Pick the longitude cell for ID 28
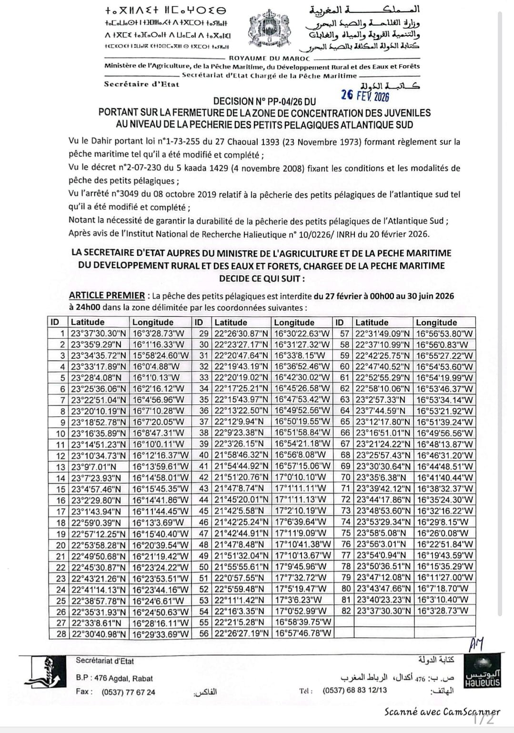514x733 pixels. coord(161,634)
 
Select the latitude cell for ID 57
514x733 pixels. coord(383,333)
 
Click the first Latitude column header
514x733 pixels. coord(88,322)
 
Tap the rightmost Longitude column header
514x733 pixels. coord(436,322)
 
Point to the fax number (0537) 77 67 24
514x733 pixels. coord(128,692)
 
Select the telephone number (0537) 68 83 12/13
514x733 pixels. coord(354,690)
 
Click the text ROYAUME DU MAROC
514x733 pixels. coord(270,58)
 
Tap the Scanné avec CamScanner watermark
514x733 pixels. coord(442,713)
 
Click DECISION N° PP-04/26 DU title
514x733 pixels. coord(264,101)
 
